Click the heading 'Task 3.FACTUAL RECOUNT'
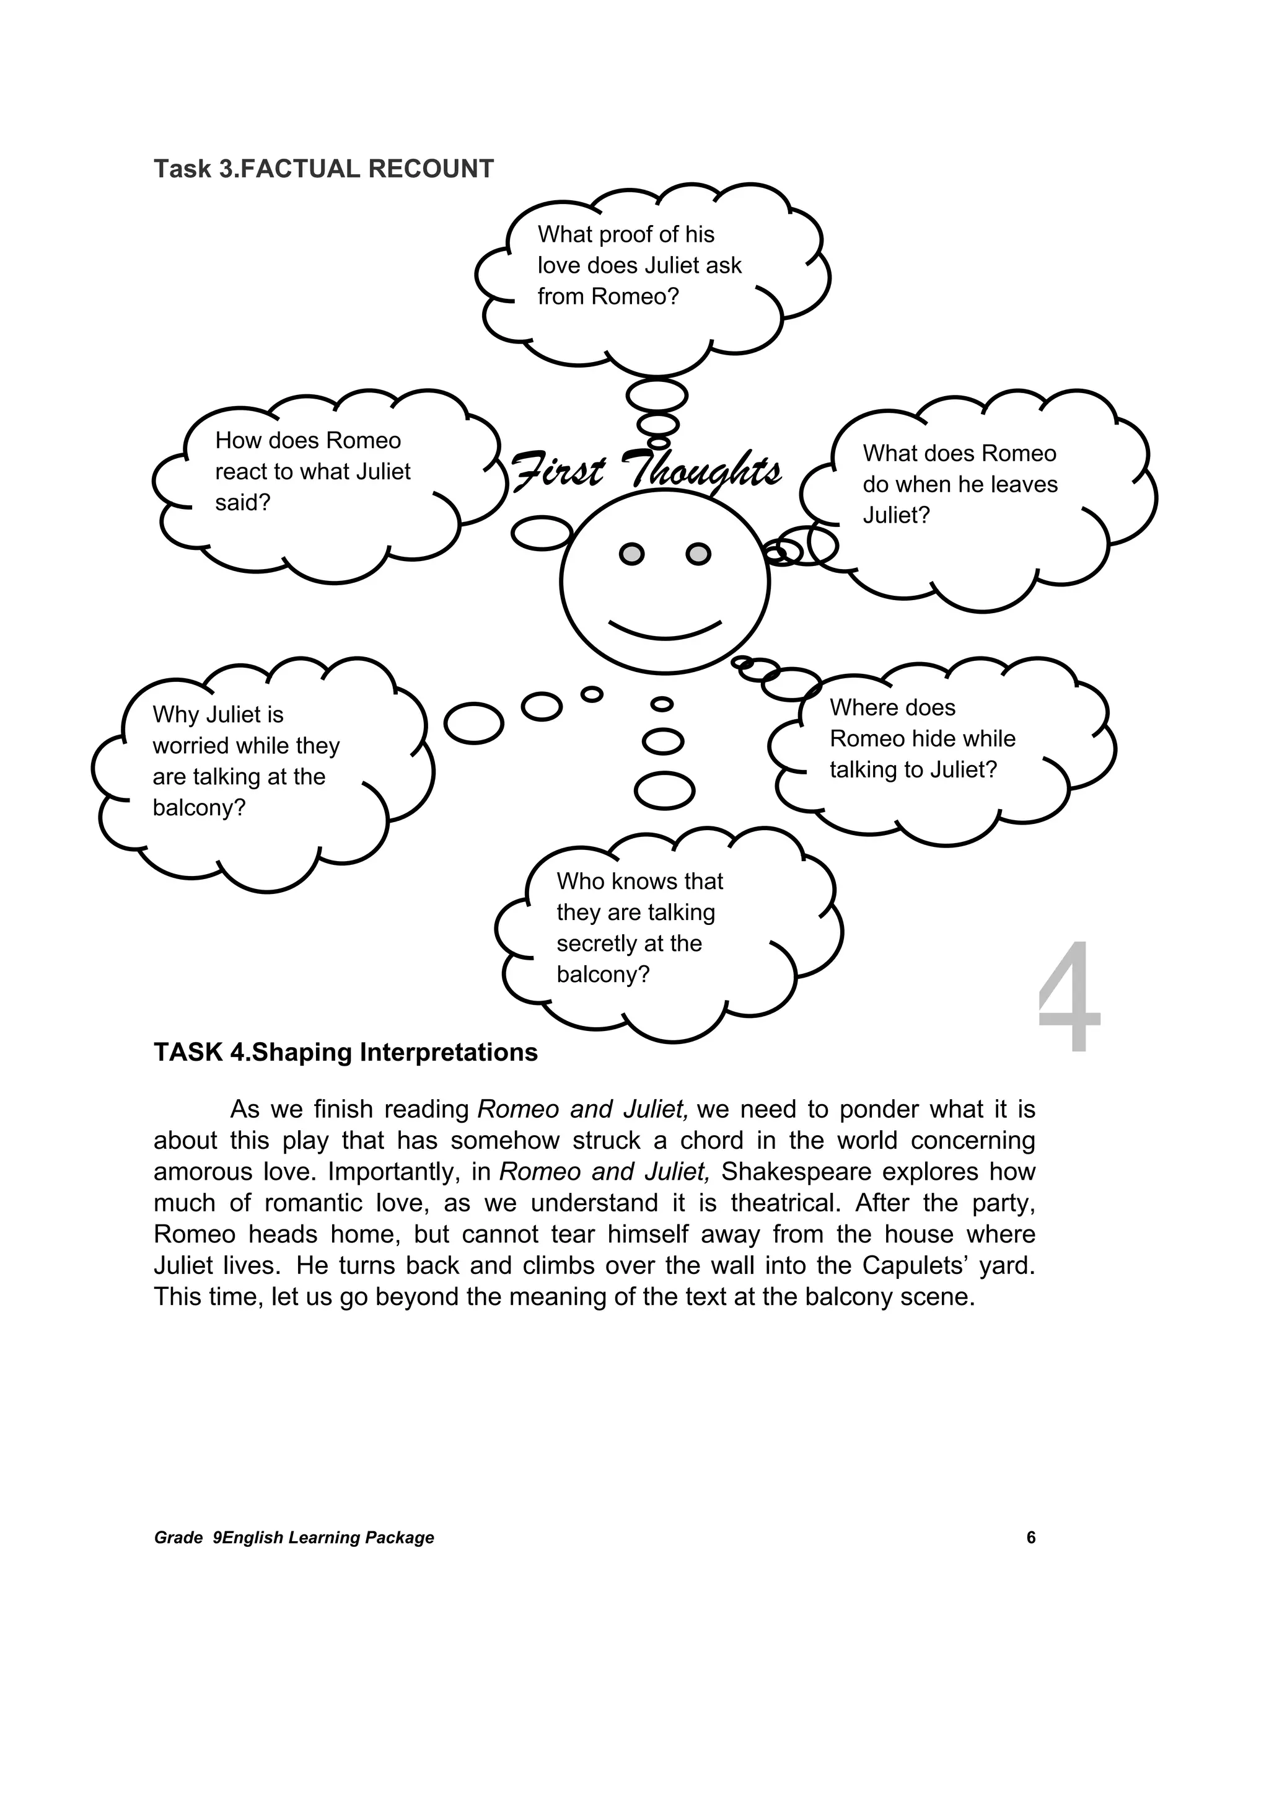323,169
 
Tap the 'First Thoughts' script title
646,471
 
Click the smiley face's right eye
698,554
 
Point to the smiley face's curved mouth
665,630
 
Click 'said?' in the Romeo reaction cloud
242,503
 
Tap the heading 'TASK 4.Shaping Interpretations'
346,1053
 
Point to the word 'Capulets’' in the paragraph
907,1267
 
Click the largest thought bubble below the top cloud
657,394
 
